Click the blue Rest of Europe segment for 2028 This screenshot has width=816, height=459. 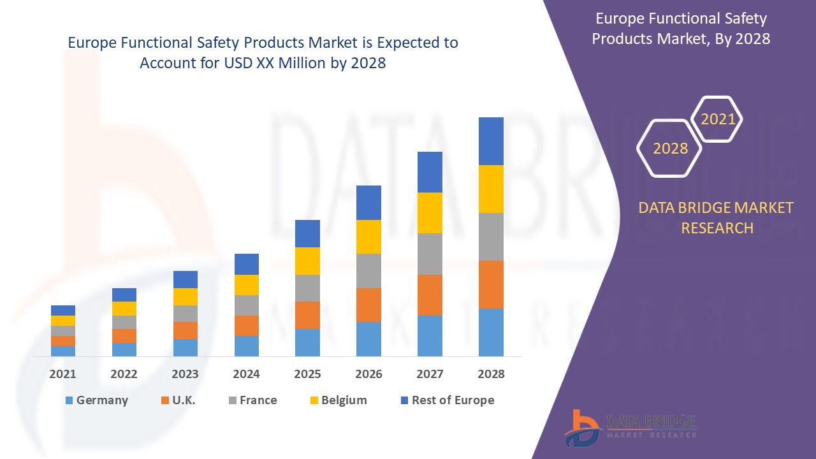click(491, 141)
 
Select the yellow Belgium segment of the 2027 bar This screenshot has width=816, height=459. click(430, 213)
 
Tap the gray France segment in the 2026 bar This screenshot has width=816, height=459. click(368, 271)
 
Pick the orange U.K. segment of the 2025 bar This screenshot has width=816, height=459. click(307, 315)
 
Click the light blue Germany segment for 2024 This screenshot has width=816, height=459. click(246, 346)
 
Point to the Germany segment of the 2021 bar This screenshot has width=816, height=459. click(63, 351)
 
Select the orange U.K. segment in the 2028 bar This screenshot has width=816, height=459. click(491, 284)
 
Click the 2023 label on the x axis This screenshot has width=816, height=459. click(185, 374)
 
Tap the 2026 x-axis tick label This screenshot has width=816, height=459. click(368, 374)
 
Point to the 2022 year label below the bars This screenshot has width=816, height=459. click(124, 374)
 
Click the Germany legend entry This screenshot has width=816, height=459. click(97, 400)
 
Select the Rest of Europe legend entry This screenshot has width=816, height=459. click(446, 400)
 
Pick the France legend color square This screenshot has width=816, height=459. click(233, 400)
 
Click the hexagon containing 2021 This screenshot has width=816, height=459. click(718, 119)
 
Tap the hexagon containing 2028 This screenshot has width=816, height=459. click(669, 149)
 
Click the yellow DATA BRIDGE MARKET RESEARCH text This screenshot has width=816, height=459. click(717, 217)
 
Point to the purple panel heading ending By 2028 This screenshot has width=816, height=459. click(680, 29)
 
